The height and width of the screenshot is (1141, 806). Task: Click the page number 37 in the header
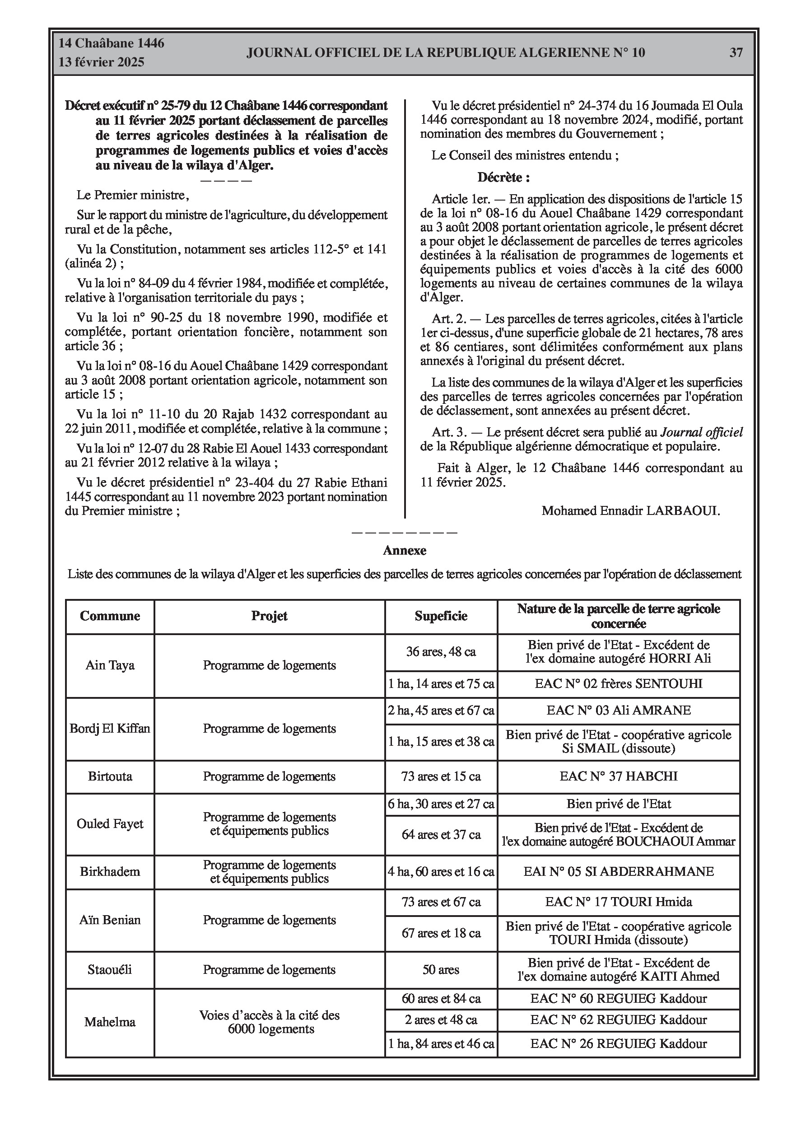point(736,53)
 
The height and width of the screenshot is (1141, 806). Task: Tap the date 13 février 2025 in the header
point(102,62)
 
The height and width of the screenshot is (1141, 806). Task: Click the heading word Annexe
point(405,550)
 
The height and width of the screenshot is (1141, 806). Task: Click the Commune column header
point(110,616)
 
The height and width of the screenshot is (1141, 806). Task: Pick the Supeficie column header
point(441,616)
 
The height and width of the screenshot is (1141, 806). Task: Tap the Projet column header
point(269,616)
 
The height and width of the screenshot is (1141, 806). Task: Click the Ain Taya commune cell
point(110,665)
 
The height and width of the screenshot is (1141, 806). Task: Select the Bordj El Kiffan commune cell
point(110,729)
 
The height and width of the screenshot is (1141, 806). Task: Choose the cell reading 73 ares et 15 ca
point(441,776)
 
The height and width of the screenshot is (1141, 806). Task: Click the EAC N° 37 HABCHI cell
point(618,776)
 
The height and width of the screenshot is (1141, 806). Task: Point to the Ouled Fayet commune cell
point(110,823)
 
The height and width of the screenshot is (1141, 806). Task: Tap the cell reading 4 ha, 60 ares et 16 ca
point(441,871)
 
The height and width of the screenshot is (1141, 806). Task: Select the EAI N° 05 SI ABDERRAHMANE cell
point(618,871)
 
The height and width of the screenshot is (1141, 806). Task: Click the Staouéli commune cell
point(110,969)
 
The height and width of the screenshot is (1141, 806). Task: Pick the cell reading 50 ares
point(441,969)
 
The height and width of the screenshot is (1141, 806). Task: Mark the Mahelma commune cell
point(110,1022)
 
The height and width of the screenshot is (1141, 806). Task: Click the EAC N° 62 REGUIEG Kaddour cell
point(618,1020)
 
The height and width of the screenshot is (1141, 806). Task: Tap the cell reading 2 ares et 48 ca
point(441,1020)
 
